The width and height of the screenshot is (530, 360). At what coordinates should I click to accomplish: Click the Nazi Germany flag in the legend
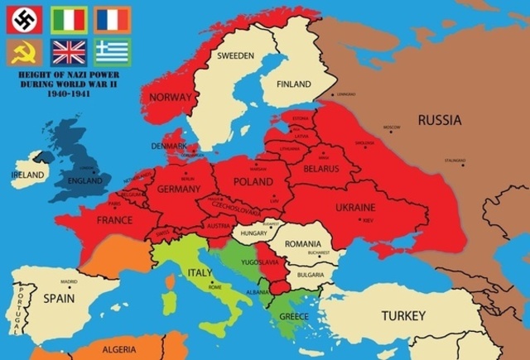point(25,19)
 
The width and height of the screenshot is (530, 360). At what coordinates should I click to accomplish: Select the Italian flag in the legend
point(69,19)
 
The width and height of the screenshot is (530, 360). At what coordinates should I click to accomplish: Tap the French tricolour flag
point(112,19)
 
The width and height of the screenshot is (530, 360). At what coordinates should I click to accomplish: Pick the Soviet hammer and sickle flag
point(25,53)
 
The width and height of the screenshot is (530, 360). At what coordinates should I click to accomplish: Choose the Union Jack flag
point(69,53)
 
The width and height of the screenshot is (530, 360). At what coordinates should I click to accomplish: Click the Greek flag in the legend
point(112,53)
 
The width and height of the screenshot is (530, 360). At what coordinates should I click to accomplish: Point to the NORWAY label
point(170,97)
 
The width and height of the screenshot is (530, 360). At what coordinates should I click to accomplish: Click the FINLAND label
point(293,84)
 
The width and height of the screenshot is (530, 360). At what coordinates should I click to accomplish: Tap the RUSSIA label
point(440,121)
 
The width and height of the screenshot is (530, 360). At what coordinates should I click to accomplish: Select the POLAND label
point(253,181)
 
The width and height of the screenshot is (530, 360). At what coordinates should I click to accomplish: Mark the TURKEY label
point(403,315)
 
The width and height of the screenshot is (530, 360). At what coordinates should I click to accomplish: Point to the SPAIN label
point(59,297)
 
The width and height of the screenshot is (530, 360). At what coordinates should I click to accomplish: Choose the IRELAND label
point(28,175)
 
